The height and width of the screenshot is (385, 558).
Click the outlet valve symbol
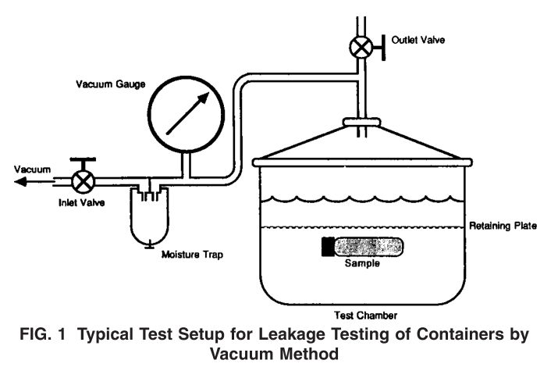[361, 48]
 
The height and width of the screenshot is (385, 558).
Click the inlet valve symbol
[81, 180]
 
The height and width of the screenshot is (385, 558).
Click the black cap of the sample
[327, 247]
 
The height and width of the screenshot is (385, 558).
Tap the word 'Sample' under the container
[361, 266]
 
